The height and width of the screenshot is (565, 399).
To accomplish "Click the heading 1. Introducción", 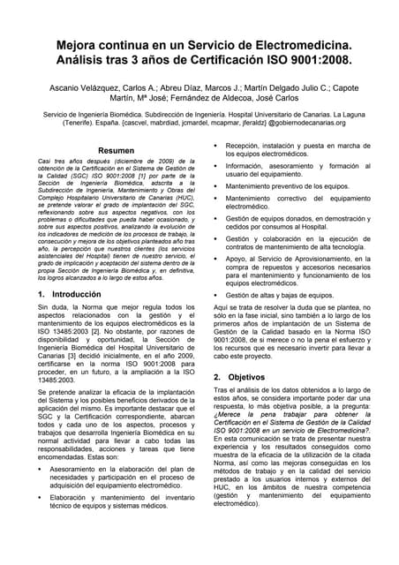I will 70,292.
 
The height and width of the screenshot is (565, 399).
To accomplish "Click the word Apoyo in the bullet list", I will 237,260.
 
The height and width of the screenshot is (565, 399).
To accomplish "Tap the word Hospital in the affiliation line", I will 260,116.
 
